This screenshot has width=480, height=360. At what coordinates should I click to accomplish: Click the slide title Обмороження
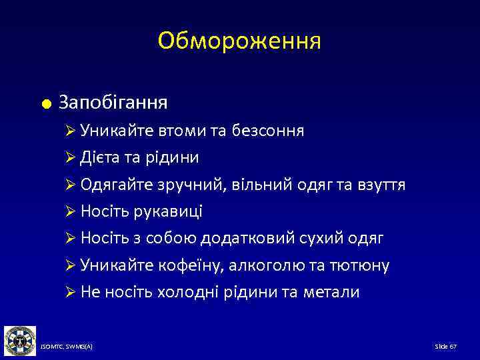tap(239, 41)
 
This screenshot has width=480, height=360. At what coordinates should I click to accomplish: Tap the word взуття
tap(381, 185)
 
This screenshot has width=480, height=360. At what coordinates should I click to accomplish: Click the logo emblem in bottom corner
tap(19, 341)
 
